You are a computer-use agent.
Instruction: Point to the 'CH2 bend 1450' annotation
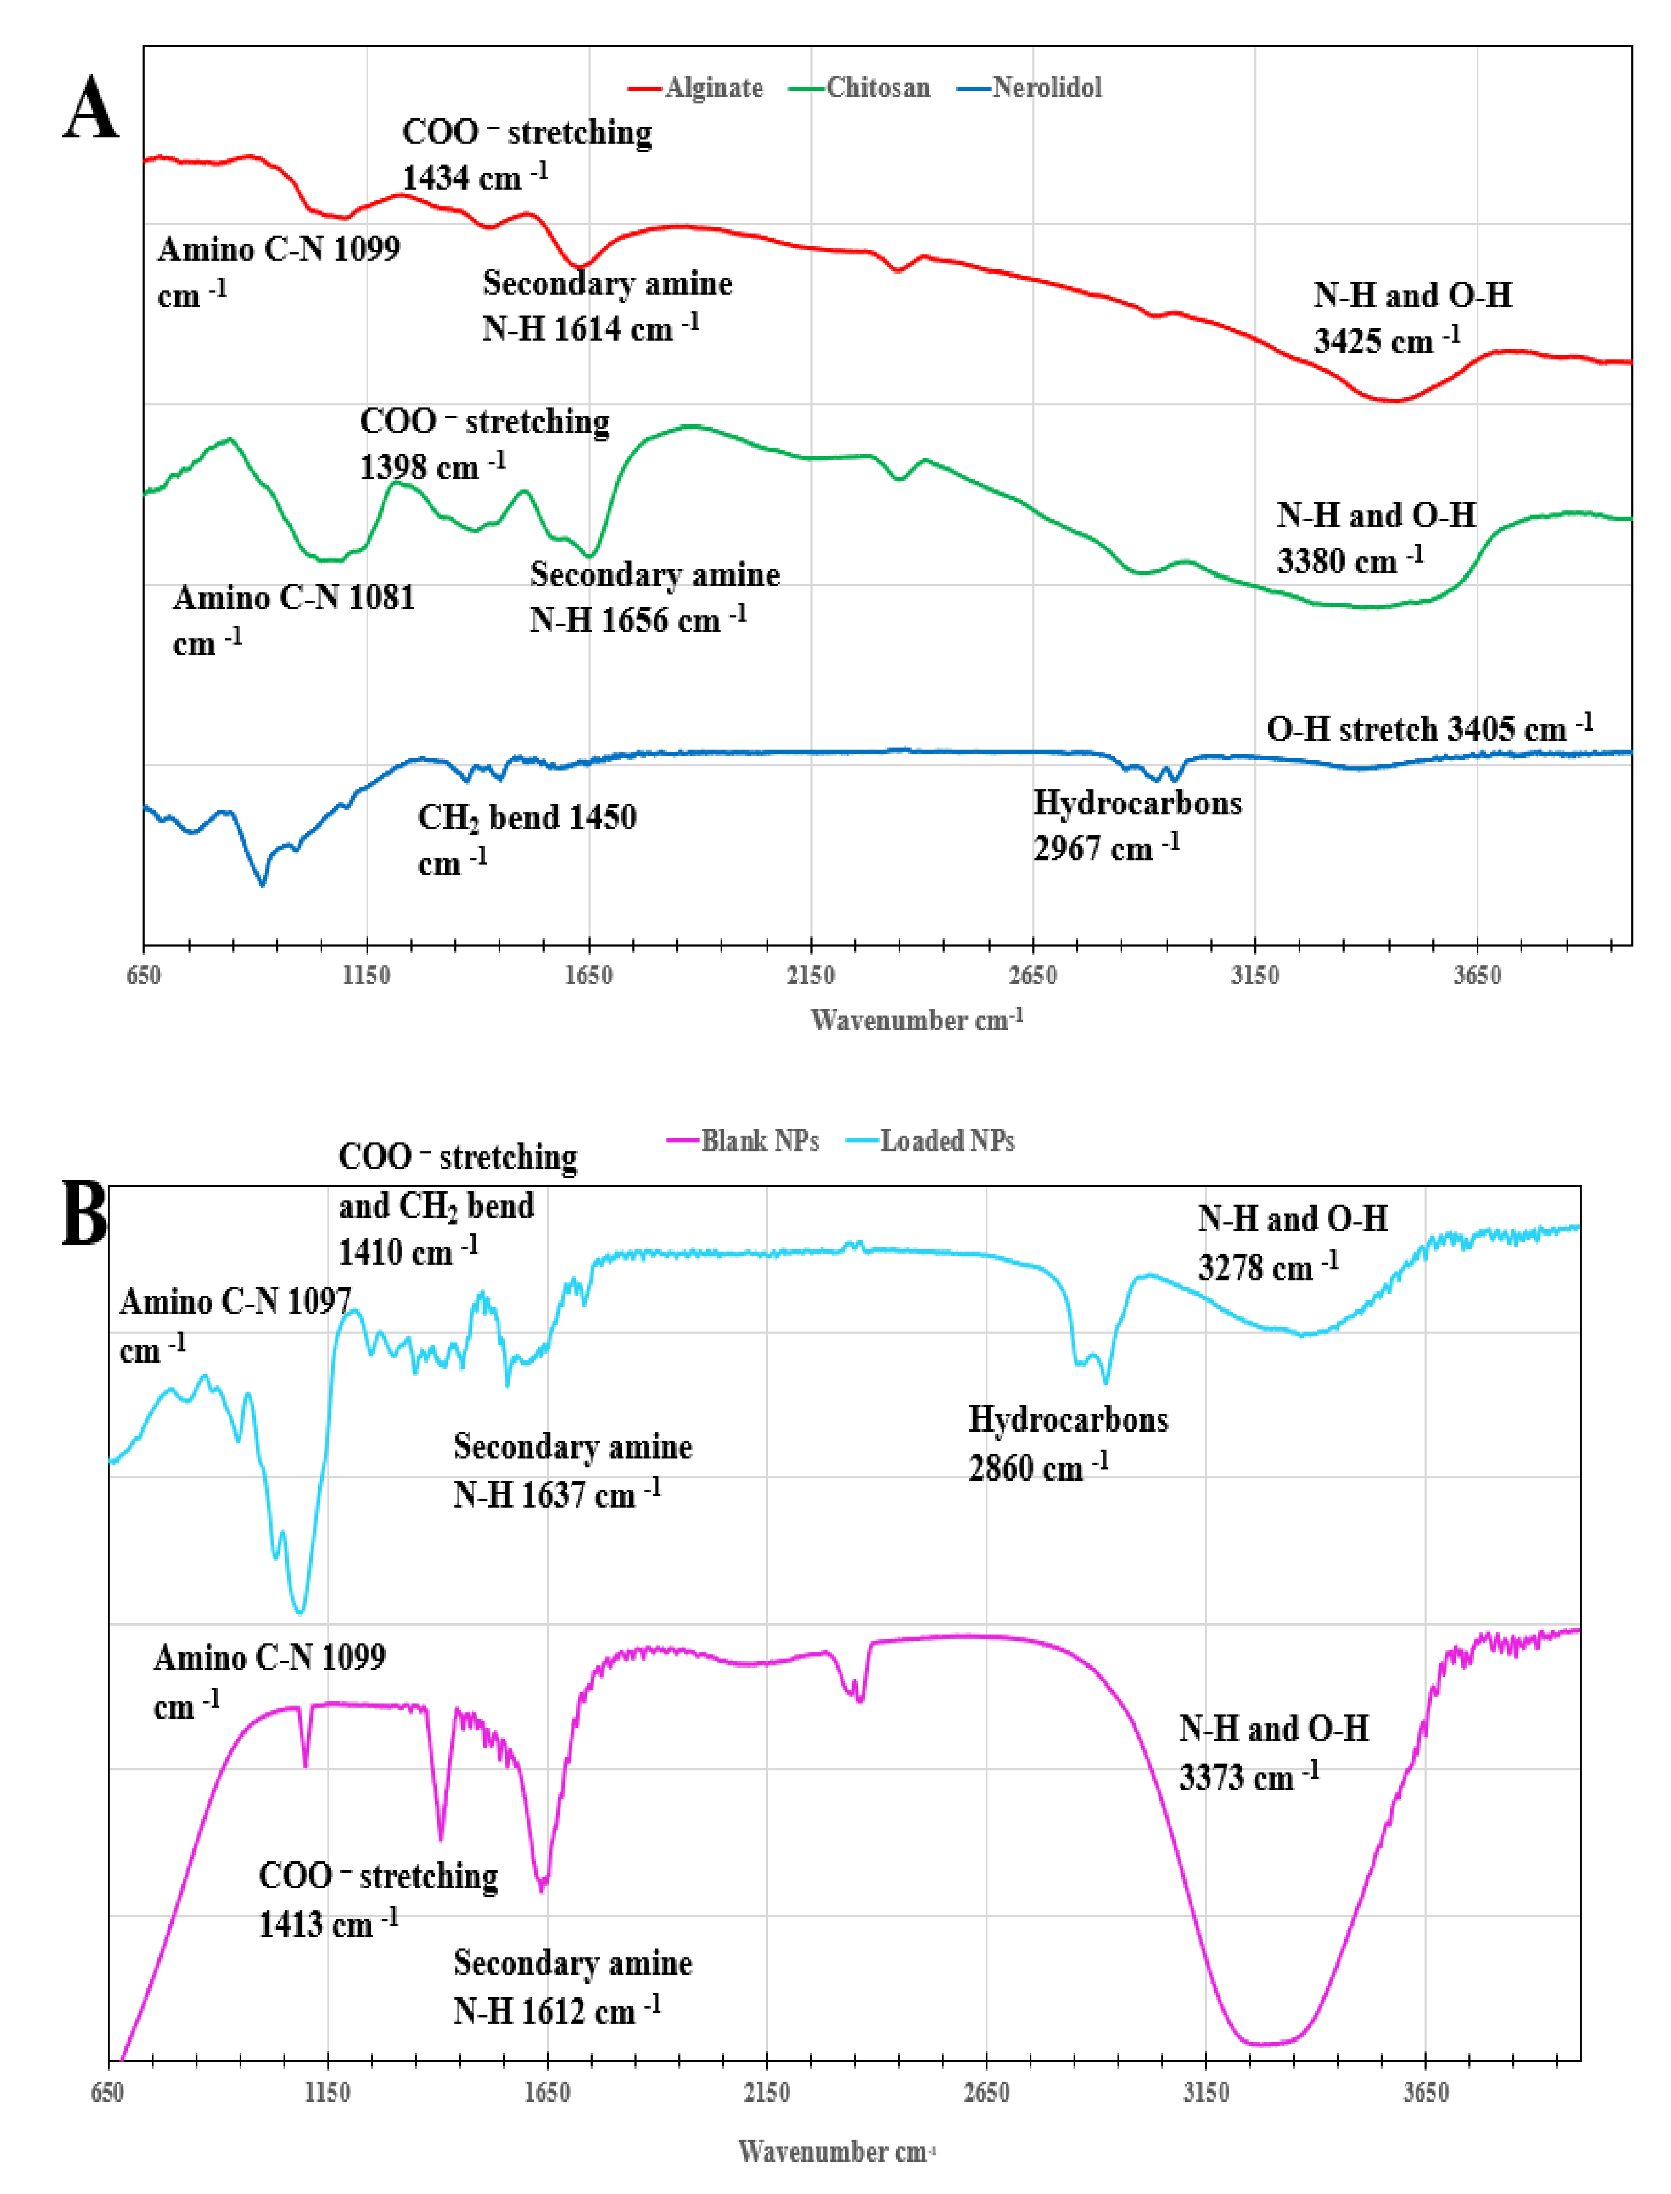click(x=526, y=839)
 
